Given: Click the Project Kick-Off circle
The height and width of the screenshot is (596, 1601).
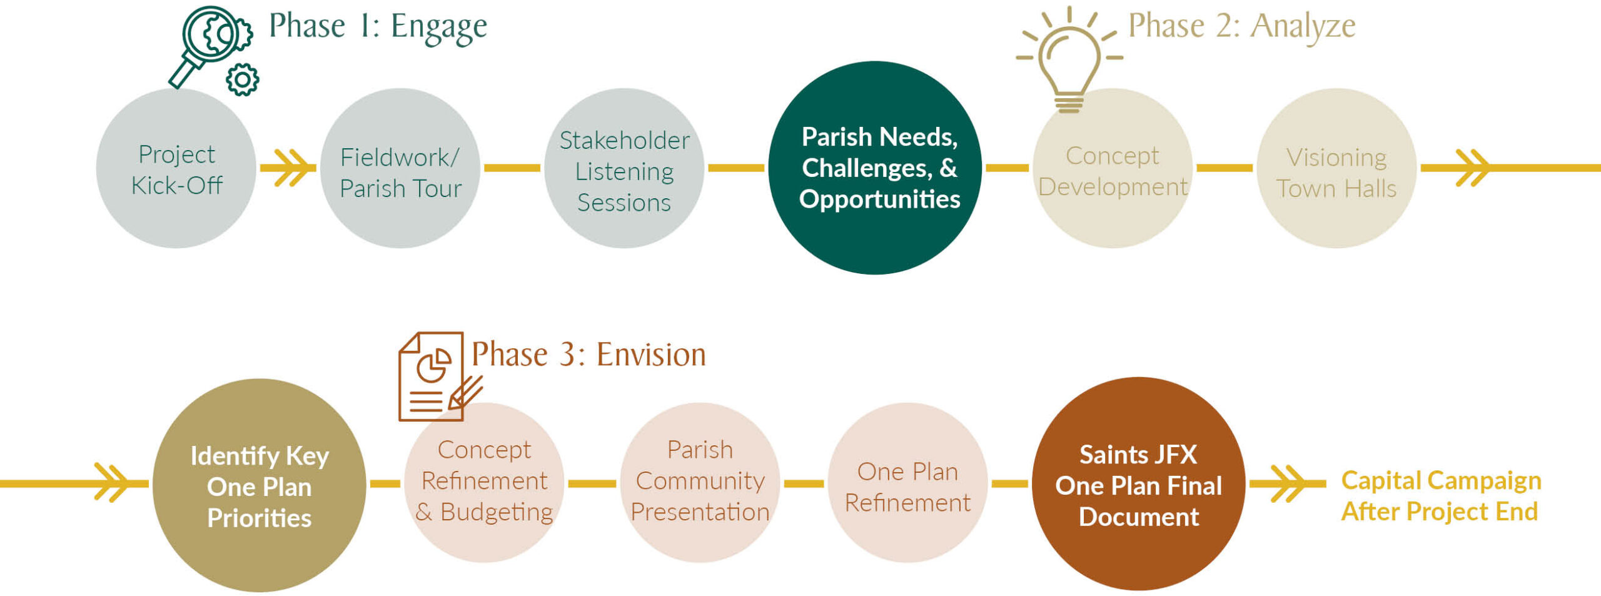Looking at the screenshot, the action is (176, 168).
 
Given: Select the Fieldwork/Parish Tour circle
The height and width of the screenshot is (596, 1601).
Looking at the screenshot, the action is (400, 168).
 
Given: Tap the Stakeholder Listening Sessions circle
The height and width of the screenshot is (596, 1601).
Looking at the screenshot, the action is (624, 168).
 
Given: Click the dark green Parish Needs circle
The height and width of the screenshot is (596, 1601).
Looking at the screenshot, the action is (875, 168).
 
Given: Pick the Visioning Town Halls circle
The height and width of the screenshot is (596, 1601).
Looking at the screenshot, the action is (1336, 168).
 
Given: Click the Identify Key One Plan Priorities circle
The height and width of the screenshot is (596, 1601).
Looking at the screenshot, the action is (260, 485).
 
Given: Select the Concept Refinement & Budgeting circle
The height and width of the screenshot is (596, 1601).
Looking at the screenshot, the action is (484, 483).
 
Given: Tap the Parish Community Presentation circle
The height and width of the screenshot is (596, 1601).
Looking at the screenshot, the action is (700, 483).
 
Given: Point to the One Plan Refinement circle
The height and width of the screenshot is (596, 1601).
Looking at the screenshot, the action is (908, 483).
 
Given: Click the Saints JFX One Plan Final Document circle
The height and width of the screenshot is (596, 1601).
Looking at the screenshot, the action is (1138, 484).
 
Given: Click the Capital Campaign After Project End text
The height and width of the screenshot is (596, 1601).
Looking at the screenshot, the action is (1441, 496).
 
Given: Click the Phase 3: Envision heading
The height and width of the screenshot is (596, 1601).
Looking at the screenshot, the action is (588, 355).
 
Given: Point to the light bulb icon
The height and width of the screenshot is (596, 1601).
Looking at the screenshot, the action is (1069, 59).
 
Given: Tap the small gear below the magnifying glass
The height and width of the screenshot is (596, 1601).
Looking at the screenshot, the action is (243, 79).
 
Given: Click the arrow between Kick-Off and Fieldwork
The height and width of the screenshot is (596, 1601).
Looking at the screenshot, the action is (288, 168).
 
